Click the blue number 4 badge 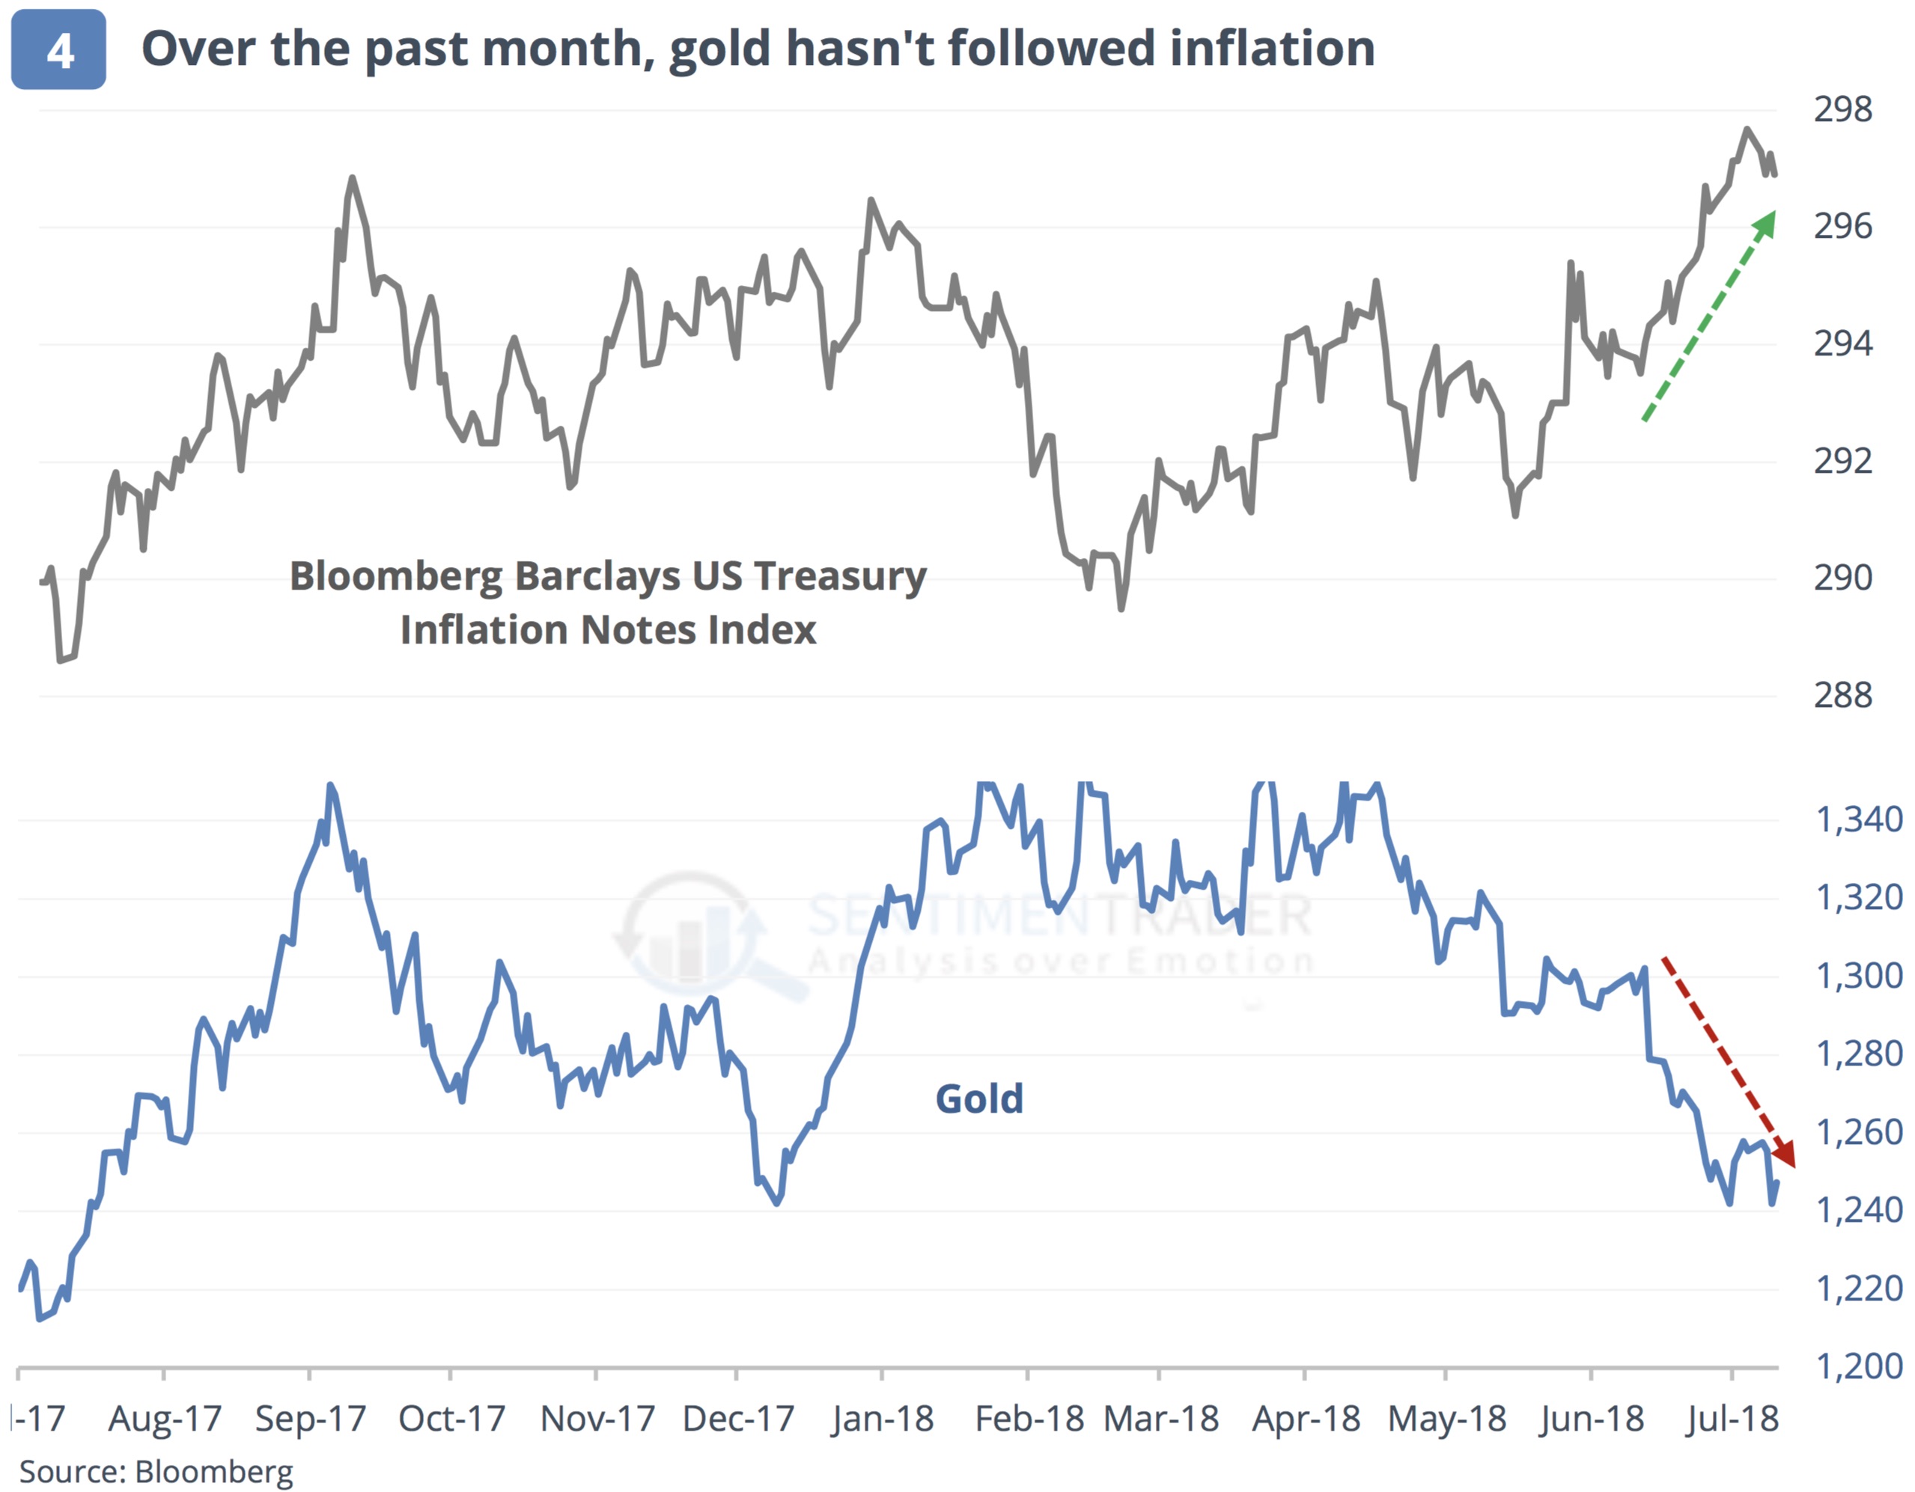58,50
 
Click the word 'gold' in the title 718,49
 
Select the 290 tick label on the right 1842,578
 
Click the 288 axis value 1842,696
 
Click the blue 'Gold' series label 979,1099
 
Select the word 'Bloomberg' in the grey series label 396,577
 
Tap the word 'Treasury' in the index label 840,577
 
